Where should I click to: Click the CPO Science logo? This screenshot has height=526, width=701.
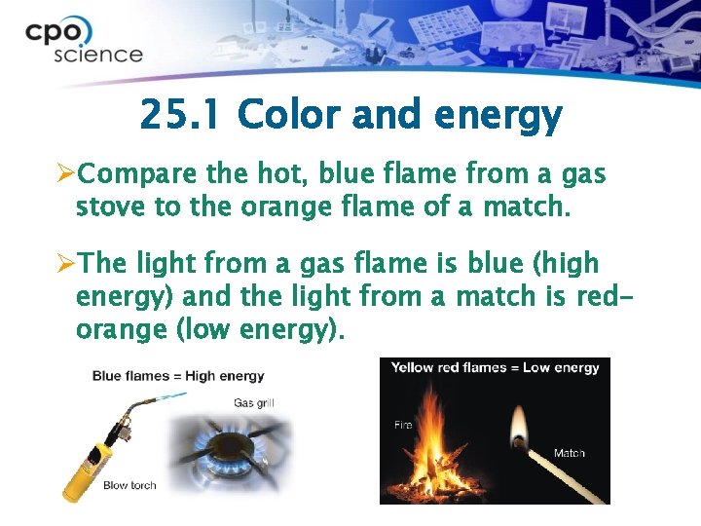(84, 41)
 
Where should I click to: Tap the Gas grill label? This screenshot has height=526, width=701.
(255, 403)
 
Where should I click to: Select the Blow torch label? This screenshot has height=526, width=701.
(129, 485)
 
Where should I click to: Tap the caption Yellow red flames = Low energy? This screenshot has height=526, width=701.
(495, 368)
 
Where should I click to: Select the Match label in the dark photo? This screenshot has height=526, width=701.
(569, 453)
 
